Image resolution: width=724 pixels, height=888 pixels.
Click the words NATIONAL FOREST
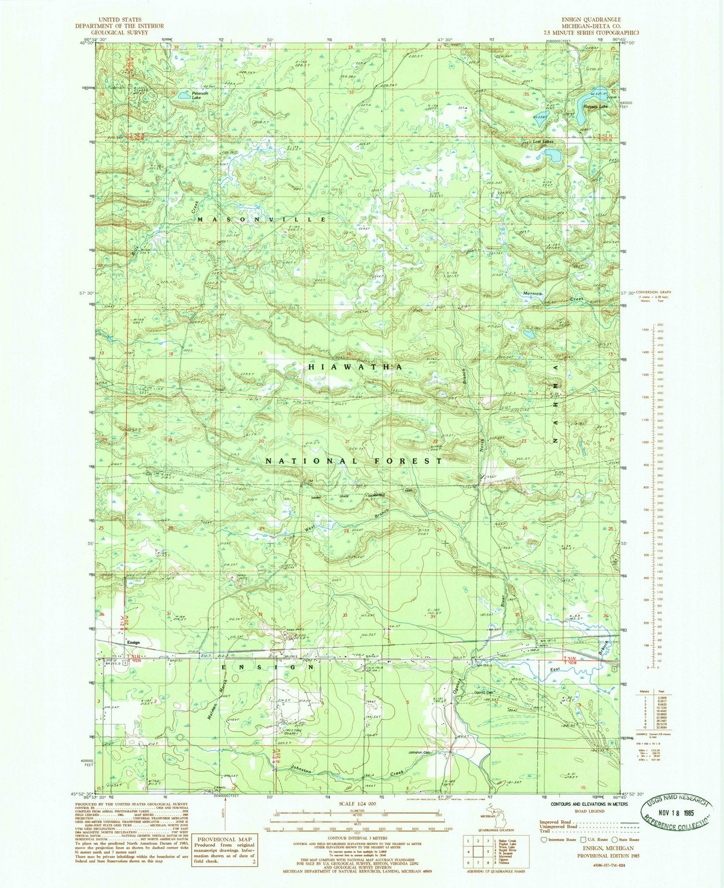354,461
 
